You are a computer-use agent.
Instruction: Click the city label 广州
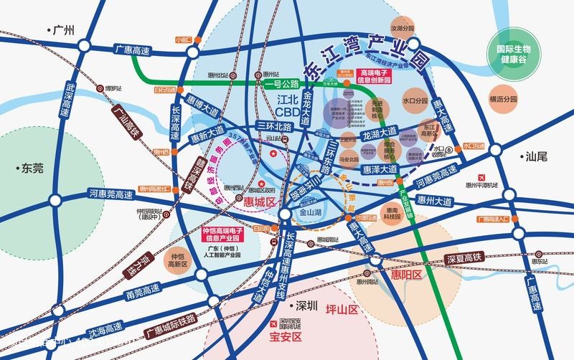[63, 30]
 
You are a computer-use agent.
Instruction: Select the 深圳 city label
[306, 305]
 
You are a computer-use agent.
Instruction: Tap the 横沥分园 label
[503, 99]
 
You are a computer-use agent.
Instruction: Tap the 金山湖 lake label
[311, 213]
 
